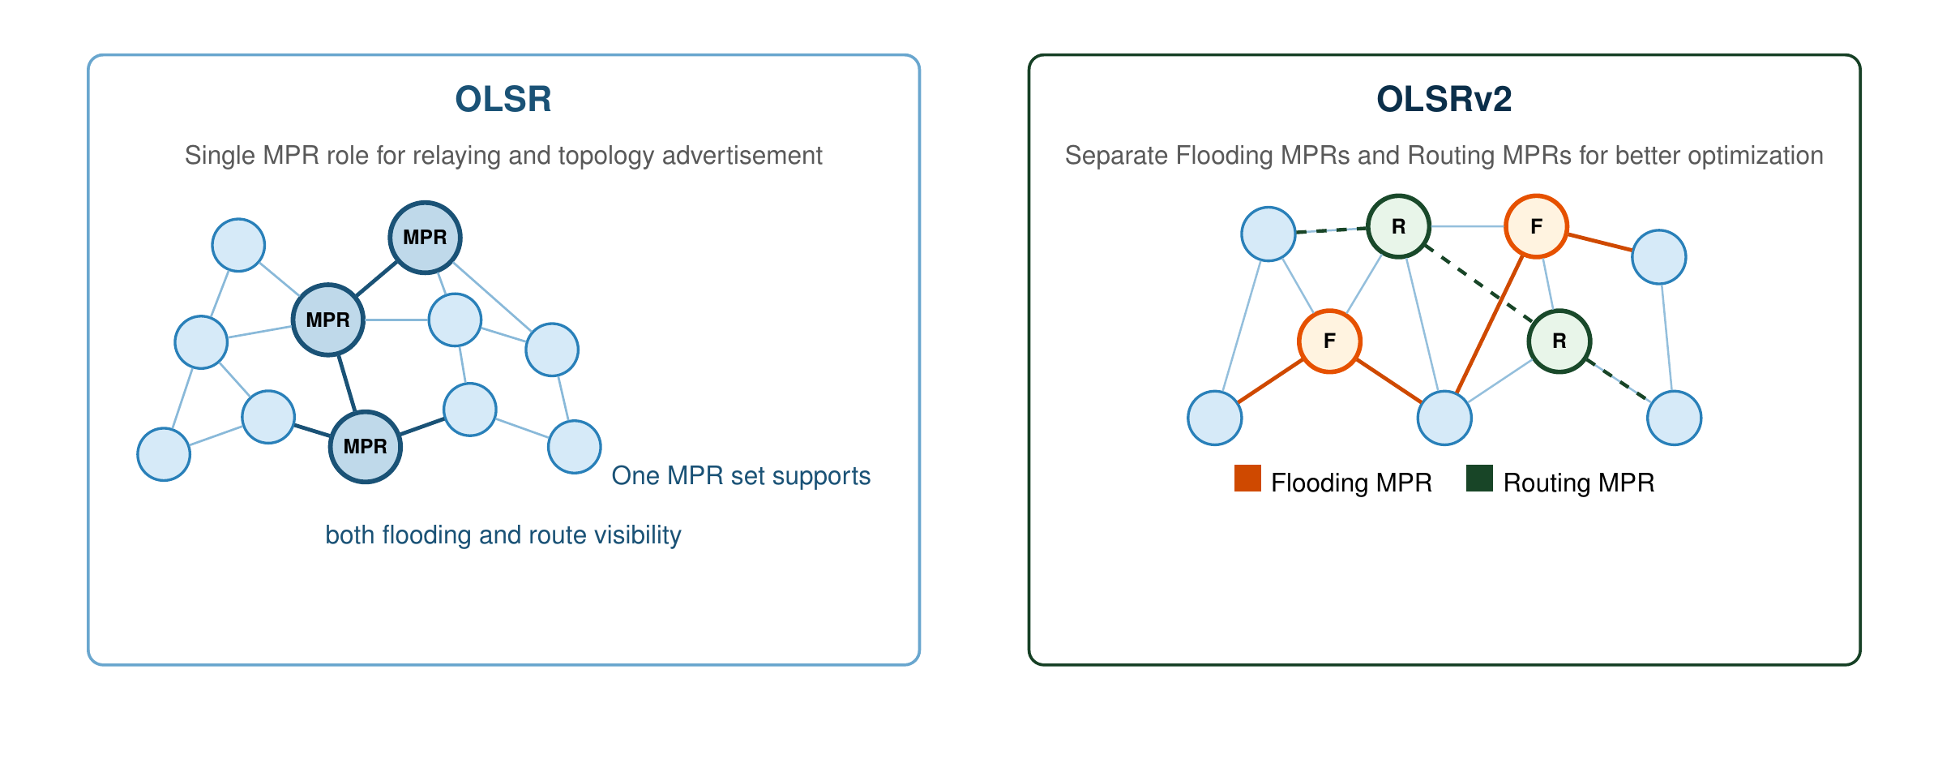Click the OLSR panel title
503,99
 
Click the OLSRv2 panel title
1444,99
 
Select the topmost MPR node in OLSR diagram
425,238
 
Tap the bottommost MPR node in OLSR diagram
365,447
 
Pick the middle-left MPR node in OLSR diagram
327,320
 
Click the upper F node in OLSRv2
1535,226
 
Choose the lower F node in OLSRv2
1329,341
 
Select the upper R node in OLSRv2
1398,226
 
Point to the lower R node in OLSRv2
1559,341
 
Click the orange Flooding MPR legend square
1247,479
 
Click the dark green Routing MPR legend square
1479,479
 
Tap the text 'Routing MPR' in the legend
1578,483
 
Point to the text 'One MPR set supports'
741,475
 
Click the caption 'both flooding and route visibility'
503,535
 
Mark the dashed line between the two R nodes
1478,284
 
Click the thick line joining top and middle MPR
376,278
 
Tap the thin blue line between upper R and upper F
1467,226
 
